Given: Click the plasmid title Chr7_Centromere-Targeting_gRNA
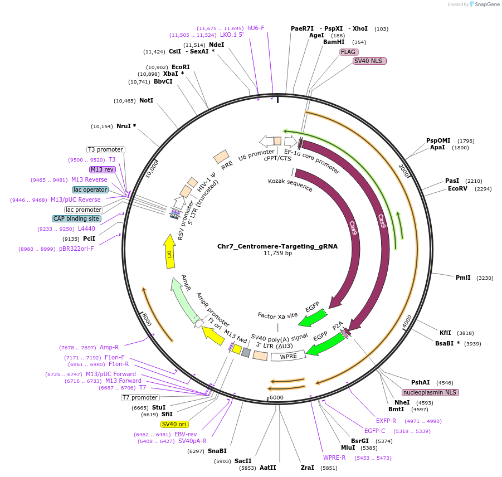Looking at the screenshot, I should pos(277,246).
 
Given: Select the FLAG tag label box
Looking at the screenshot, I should pos(348,52).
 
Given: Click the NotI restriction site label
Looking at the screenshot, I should pos(146,101).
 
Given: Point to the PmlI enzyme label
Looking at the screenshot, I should pos(463,278).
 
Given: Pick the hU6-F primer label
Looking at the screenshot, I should pos(256,28).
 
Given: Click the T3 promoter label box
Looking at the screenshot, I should pos(105,149).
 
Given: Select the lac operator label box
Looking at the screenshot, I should pos(90,189).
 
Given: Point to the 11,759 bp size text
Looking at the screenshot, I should pos(277,254).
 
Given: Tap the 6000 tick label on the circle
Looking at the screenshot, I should pos(276,397).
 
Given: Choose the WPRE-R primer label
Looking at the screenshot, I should pos(334,457).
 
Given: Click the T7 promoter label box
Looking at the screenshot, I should pos(140,397).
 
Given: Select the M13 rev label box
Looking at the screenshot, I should pos(102,169).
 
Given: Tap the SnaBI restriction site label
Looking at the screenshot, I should pos(217,451).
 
